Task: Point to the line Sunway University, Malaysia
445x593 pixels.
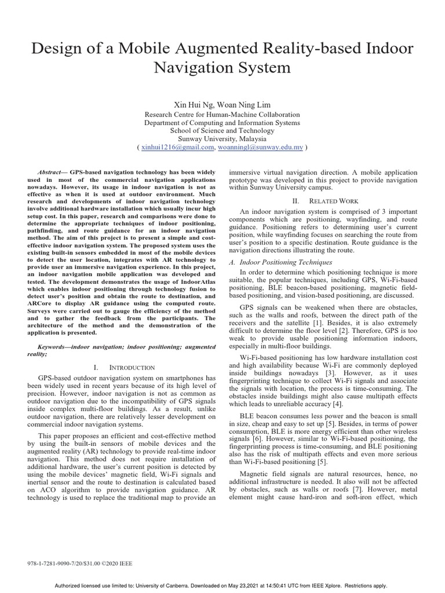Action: [222, 139]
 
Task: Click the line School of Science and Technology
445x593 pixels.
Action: [222, 131]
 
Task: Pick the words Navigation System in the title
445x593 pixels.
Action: [222, 68]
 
